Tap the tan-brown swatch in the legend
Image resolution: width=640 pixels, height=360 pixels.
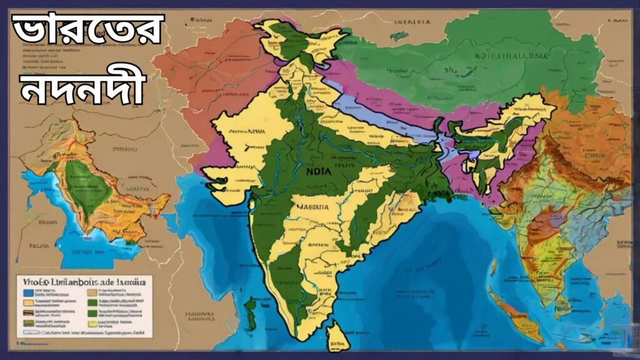(92, 292)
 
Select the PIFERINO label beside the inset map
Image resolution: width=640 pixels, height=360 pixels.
(126, 150)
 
